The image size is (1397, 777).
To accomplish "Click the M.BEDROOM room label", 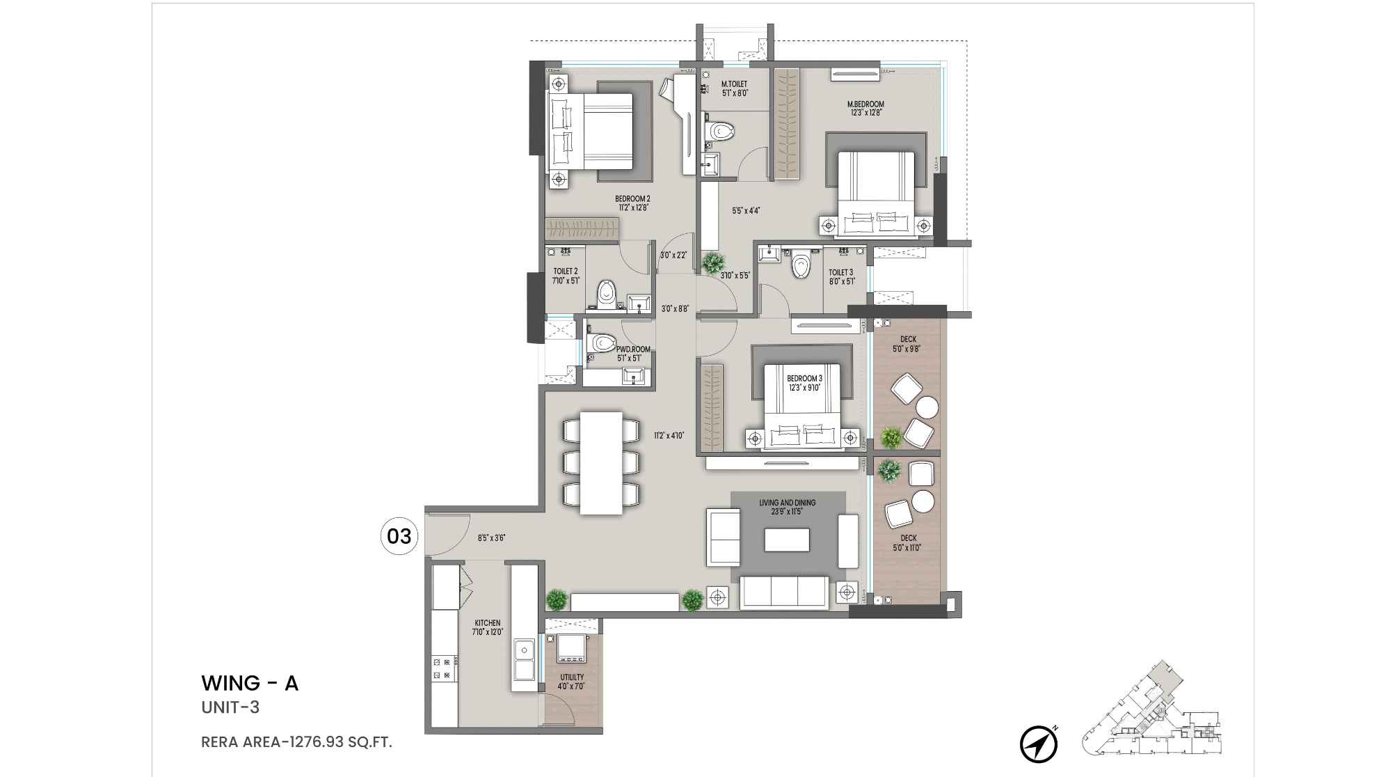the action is point(865,104).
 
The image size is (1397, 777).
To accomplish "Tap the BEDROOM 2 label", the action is point(632,199).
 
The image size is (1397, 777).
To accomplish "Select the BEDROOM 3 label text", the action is point(804,379).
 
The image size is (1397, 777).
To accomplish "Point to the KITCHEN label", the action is point(488,623).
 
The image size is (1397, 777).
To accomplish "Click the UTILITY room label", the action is point(572,677).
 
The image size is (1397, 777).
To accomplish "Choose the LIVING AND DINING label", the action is point(787,503).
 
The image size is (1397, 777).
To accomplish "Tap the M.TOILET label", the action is point(734,84).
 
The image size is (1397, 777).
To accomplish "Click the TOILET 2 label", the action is point(566,272).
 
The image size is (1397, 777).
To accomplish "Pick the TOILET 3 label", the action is point(840,272).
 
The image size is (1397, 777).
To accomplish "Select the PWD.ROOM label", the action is point(633,350).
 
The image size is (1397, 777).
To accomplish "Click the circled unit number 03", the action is point(399,536).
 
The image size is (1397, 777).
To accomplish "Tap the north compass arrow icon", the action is point(1039,744).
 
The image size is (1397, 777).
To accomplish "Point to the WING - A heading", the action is point(250,684).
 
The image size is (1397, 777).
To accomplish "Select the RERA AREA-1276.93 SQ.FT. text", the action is point(296,742).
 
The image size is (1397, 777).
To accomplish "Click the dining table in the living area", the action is point(601,463).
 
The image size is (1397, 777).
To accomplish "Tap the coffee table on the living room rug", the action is point(787,540).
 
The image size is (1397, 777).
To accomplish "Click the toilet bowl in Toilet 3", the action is point(802,265).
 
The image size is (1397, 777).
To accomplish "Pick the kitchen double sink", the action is point(523,659).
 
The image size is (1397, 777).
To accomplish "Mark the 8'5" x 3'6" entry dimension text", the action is point(491,538).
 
